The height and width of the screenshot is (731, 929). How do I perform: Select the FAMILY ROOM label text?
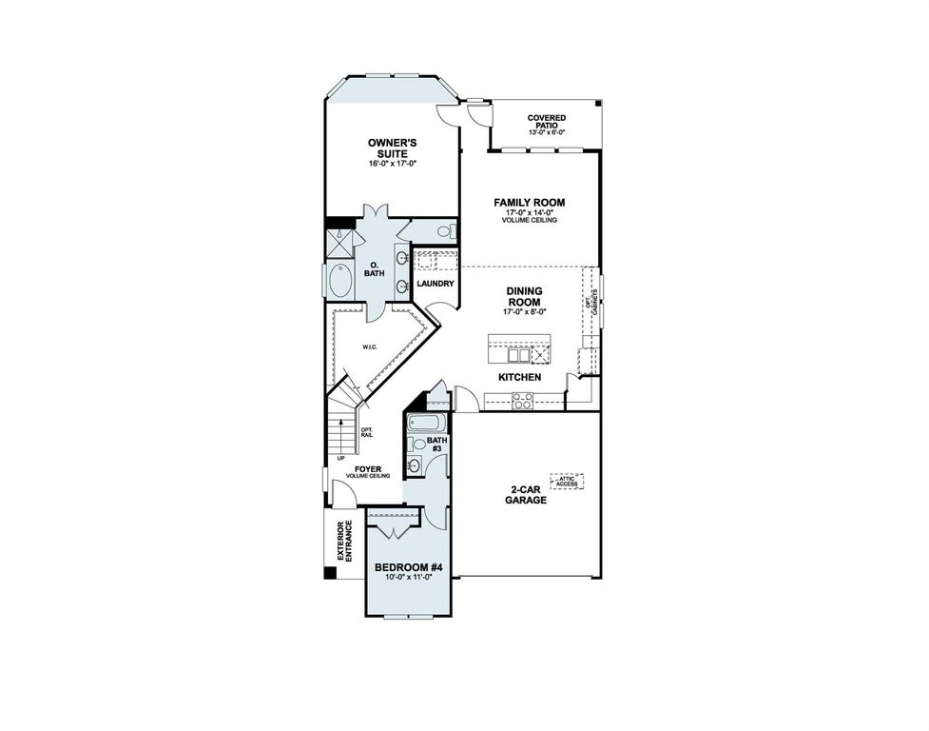point(530,203)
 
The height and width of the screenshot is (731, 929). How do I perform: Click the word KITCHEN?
point(520,378)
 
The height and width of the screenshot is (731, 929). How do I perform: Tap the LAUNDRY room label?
point(434,284)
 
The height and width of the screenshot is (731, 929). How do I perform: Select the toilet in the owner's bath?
point(446,231)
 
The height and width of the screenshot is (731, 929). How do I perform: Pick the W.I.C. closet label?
point(370,347)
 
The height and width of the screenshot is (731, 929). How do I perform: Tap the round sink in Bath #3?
point(414,465)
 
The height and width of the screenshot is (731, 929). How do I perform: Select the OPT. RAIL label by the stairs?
point(366,433)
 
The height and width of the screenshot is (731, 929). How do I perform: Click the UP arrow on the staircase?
point(341,459)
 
